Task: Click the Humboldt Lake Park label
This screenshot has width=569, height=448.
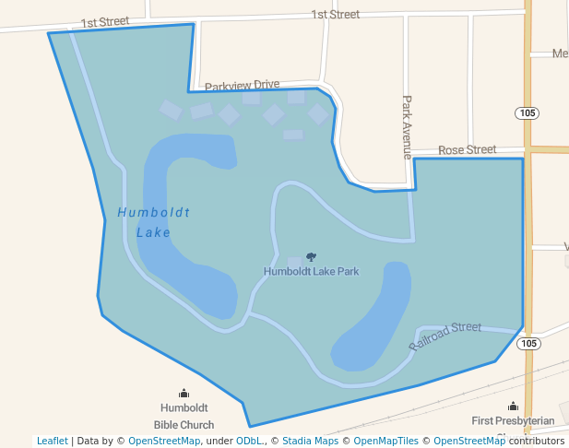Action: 311,271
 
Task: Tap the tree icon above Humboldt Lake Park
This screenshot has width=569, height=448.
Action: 311,257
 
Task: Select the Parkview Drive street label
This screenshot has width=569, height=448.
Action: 242,85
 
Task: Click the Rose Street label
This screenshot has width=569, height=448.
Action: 467,149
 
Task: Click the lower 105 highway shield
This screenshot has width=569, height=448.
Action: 527,344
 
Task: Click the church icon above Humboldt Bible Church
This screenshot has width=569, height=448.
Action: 184,394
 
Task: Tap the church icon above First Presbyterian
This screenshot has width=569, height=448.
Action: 513,406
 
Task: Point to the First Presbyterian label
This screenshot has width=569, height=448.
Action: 513,421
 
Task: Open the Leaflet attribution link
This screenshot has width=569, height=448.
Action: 52,441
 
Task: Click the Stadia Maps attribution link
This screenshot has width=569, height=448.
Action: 310,441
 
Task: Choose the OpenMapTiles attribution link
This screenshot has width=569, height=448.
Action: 389,441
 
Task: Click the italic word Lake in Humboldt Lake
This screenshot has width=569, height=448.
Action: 153,232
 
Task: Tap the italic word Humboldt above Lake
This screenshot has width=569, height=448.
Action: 153,212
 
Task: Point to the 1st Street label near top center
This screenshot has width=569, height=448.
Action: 335,14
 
